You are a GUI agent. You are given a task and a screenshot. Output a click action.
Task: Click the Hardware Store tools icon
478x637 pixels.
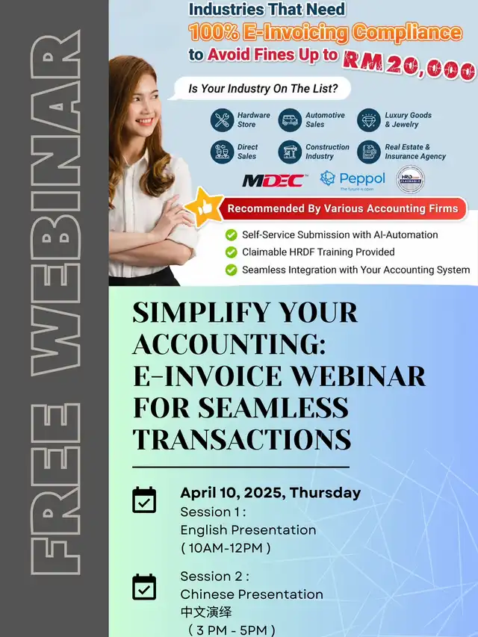pyautogui.click(x=222, y=120)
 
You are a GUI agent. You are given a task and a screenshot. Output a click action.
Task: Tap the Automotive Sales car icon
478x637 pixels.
pyautogui.click(x=290, y=120)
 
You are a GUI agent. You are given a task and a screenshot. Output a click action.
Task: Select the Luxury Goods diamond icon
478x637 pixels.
pyautogui.click(x=369, y=120)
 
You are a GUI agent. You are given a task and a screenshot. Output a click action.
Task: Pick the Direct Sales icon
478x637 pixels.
pyautogui.click(x=222, y=152)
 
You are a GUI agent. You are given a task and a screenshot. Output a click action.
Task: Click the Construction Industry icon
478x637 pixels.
pyautogui.click(x=290, y=152)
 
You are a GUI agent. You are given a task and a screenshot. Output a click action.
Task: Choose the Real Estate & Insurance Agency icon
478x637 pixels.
pyautogui.click(x=369, y=152)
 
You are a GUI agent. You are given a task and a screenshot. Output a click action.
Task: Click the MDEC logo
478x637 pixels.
pyautogui.click(x=274, y=181)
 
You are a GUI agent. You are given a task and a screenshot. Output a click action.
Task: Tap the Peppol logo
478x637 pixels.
pyautogui.click(x=353, y=180)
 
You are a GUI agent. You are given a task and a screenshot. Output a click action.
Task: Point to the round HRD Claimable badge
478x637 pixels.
pyautogui.click(x=411, y=179)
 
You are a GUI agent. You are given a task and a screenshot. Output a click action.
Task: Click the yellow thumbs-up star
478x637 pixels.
pyautogui.click(x=205, y=208)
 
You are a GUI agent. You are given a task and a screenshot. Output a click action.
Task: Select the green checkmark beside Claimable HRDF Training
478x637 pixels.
pyautogui.click(x=232, y=252)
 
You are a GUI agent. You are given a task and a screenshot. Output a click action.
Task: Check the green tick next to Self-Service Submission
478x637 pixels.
pyautogui.click(x=232, y=234)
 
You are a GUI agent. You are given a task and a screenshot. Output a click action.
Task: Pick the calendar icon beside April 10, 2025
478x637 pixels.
pyautogui.click(x=144, y=500)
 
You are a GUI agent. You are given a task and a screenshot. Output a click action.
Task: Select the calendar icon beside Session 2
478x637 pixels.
pyautogui.click(x=144, y=587)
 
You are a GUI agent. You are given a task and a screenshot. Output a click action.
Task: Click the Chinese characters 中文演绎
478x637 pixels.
pyautogui.click(x=206, y=612)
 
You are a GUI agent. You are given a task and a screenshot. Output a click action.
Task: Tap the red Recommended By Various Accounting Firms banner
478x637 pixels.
pyautogui.click(x=342, y=209)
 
